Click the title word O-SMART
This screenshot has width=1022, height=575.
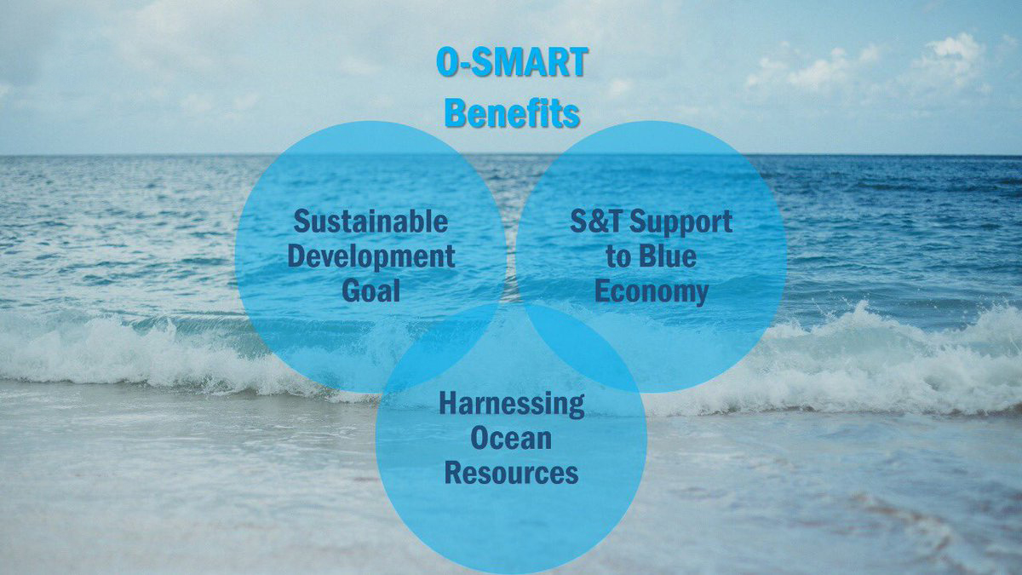pyautogui.click(x=512, y=61)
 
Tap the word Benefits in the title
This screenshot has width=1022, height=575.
pyautogui.click(x=512, y=112)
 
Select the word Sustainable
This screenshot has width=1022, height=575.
pyautogui.click(x=370, y=221)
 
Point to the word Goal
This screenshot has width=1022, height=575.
pyautogui.click(x=370, y=290)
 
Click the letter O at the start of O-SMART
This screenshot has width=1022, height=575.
pyautogui.click(x=447, y=61)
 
